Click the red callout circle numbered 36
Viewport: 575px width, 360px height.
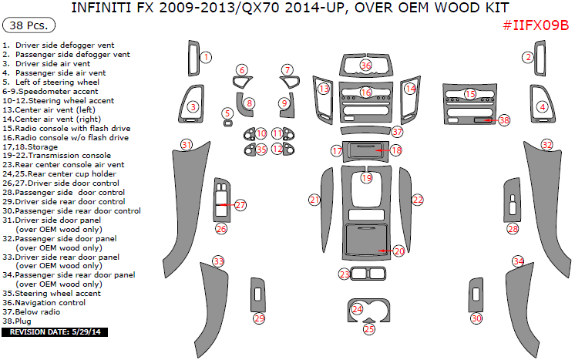point(366,66)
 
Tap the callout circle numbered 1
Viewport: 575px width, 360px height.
point(206,57)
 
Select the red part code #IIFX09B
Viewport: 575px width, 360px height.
point(535,25)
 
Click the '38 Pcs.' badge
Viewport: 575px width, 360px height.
point(29,25)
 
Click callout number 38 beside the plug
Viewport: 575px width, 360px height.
point(504,120)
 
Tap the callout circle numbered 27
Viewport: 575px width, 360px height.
point(240,205)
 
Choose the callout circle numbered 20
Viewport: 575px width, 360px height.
point(398,251)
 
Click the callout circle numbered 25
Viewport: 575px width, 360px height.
point(369,329)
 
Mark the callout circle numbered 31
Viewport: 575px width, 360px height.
point(186,144)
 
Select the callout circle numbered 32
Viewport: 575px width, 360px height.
point(546,144)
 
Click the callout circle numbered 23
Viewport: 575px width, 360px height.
point(345,274)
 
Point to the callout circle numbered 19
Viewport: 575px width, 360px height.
point(366,178)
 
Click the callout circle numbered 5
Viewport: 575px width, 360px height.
point(227,113)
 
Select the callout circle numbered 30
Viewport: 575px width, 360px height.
point(476,318)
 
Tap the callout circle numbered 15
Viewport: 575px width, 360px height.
point(469,94)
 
